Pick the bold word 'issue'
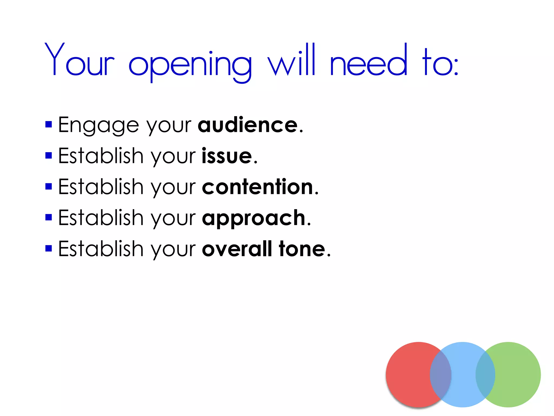point(227,156)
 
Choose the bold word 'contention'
point(258,187)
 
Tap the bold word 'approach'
point(254,218)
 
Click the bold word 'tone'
point(302,249)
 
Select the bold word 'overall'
point(237,249)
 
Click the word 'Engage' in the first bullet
point(98,125)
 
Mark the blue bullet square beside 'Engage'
point(49,124)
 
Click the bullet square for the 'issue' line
point(49,155)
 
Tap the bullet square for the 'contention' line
point(49,187)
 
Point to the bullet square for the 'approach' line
point(49,217)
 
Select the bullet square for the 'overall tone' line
point(49,248)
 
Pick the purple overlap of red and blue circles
point(441,375)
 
